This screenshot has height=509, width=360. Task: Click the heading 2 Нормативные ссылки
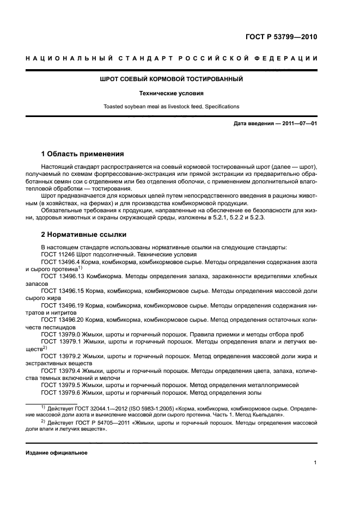click(x=84, y=235)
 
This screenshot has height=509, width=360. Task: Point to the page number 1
click(x=315, y=463)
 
